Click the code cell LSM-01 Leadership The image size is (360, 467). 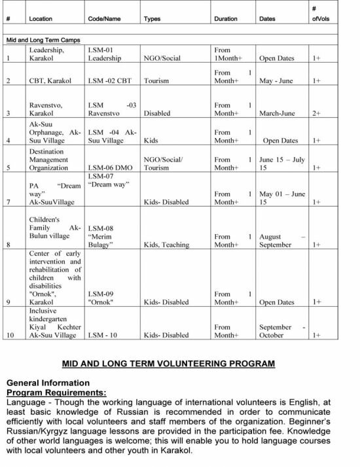click(x=105, y=54)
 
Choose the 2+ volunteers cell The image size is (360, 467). click(x=316, y=113)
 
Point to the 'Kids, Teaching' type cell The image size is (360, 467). click(x=166, y=245)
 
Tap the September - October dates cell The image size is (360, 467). click(x=281, y=330)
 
